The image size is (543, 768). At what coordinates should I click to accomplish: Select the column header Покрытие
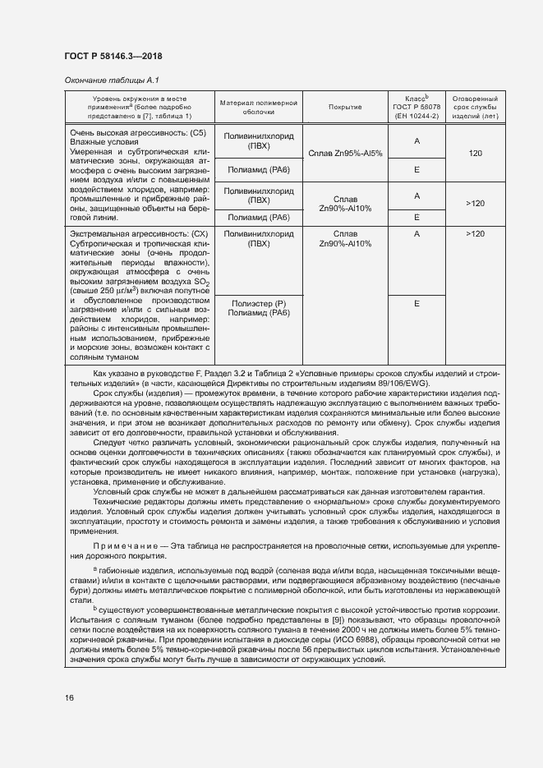pyautogui.click(x=345, y=107)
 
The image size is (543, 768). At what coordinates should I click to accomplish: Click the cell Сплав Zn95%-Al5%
pyautogui.click(x=345, y=153)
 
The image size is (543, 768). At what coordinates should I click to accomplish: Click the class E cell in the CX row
pyautogui.click(x=416, y=303)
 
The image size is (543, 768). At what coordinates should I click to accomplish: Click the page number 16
pyautogui.click(x=70, y=697)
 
